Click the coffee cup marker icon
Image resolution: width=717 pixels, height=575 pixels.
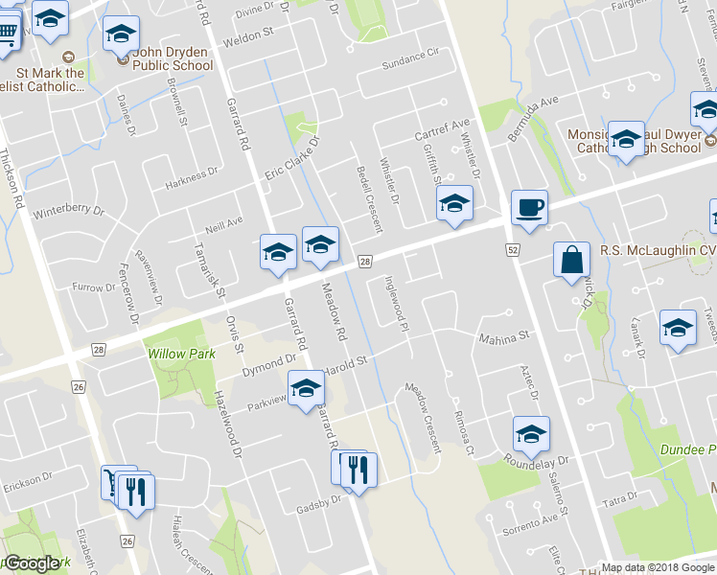click(x=528, y=207)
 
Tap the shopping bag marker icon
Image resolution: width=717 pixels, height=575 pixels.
click(x=572, y=259)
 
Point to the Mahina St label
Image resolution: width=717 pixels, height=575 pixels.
click(x=503, y=337)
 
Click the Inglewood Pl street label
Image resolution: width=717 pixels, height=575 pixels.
click(x=396, y=306)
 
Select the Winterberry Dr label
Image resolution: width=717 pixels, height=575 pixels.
click(x=67, y=210)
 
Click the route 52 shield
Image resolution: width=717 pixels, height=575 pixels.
click(x=513, y=250)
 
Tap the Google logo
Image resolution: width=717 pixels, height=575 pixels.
click(x=31, y=563)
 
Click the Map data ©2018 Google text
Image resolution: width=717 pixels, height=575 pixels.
click(x=657, y=567)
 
